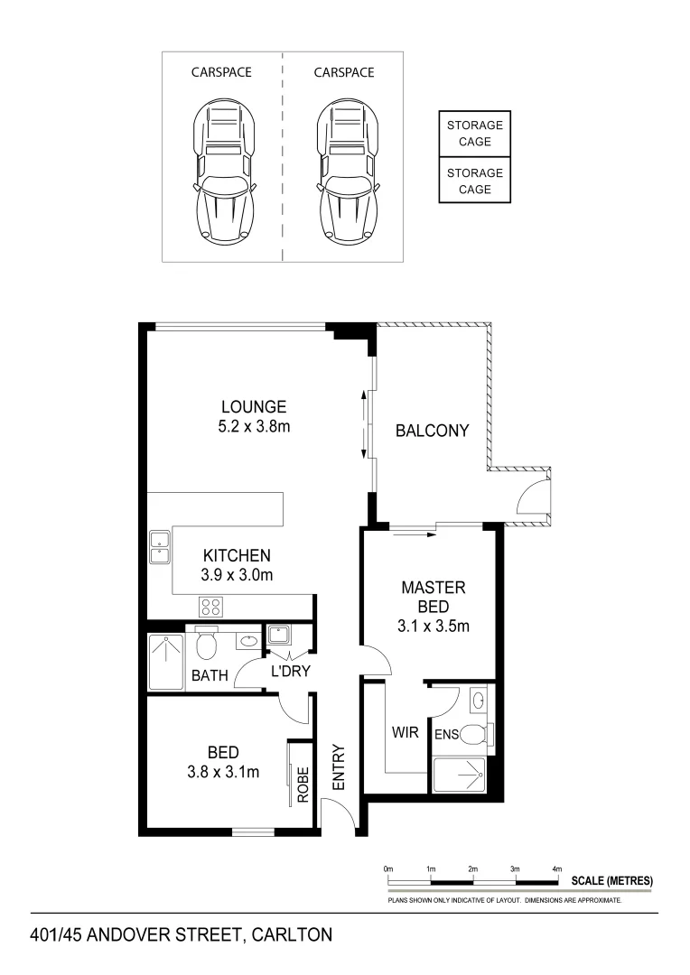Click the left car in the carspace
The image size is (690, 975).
click(x=222, y=172)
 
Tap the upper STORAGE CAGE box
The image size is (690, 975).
click(x=474, y=134)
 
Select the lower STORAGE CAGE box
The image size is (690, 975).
click(x=474, y=181)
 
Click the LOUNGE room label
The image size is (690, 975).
click(x=254, y=407)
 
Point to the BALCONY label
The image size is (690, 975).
click(x=433, y=431)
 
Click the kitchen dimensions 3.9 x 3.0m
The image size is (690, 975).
click(x=237, y=574)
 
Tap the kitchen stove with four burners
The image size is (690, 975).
click(x=211, y=607)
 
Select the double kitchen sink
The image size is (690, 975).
click(x=161, y=547)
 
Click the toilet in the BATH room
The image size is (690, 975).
click(x=207, y=645)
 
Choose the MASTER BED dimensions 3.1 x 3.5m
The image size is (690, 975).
click(x=434, y=625)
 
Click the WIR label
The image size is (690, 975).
click(x=406, y=732)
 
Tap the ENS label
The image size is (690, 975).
click(x=446, y=735)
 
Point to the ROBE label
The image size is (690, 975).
click(x=303, y=785)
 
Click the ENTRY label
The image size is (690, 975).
click(x=339, y=767)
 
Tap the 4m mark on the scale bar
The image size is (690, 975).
click(x=557, y=868)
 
